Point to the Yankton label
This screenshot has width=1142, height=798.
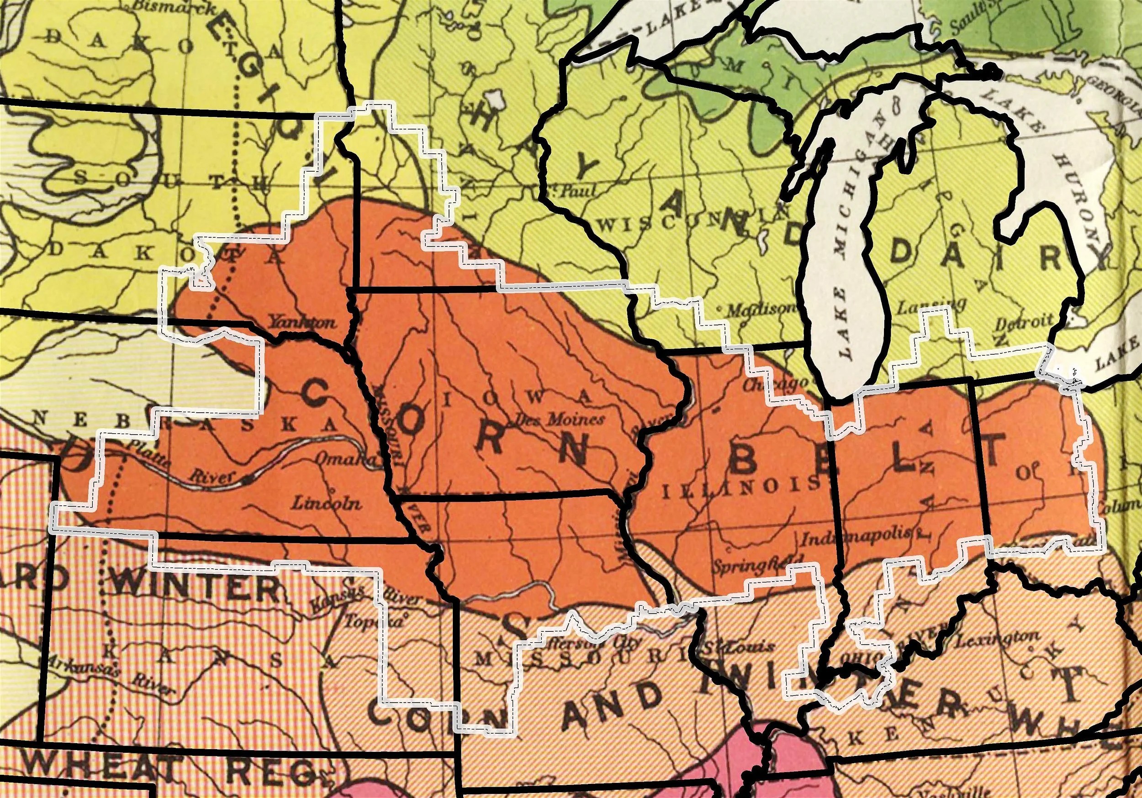tap(302, 323)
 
